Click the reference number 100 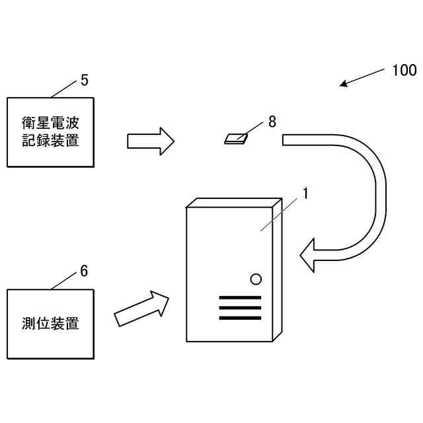[x=403, y=70]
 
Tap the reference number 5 [x=84, y=80]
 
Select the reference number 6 [x=84, y=270]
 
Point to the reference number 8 [x=272, y=122]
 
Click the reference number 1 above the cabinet [x=305, y=193]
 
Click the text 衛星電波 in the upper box [x=50, y=123]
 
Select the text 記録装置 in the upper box [x=50, y=140]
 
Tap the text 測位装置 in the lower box [x=50, y=323]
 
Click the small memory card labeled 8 [x=236, y=138]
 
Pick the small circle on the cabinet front [x=256, y=279]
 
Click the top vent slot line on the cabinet [x=239, y=297]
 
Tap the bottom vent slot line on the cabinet [x=239, y=318]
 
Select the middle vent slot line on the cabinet [x=239, y=308]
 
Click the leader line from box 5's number [x=65, y=89]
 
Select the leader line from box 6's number [x=65, y=281]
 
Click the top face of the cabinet [x=235, y=202]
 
